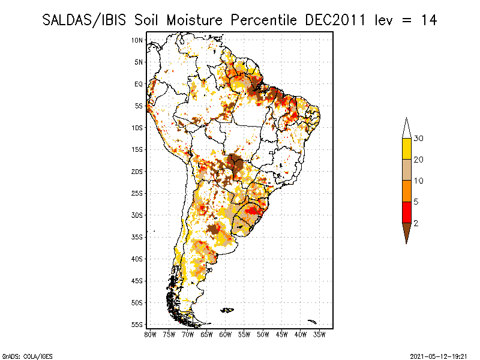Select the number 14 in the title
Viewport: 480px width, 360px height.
(x=428, y=20)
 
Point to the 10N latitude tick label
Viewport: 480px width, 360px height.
(x=137, y=40)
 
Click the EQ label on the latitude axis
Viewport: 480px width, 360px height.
(x=139, y=84)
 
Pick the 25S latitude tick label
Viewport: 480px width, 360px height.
(x=137, y=193)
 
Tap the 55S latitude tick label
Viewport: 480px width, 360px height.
(x=137, y=325)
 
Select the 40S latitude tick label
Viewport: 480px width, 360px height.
(x=137, y=259)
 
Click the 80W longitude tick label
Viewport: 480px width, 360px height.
(x=150, y=334)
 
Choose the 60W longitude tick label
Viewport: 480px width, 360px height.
(x=226, y=334)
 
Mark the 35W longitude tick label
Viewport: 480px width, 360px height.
(x=319, y=334)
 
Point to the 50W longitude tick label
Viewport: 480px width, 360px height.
(x=263, y=334)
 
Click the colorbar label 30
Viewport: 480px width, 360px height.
(x=419, y=139)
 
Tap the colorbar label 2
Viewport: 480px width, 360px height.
(x=416, y=223)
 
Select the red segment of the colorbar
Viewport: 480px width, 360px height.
(x=406, y=212)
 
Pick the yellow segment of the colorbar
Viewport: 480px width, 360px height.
(x=406, y=149)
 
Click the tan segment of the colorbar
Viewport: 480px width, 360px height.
(x=406, y=170)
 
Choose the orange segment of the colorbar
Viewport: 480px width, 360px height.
(x=406, y=191)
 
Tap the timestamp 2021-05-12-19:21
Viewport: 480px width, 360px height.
(x=438, y=356)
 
